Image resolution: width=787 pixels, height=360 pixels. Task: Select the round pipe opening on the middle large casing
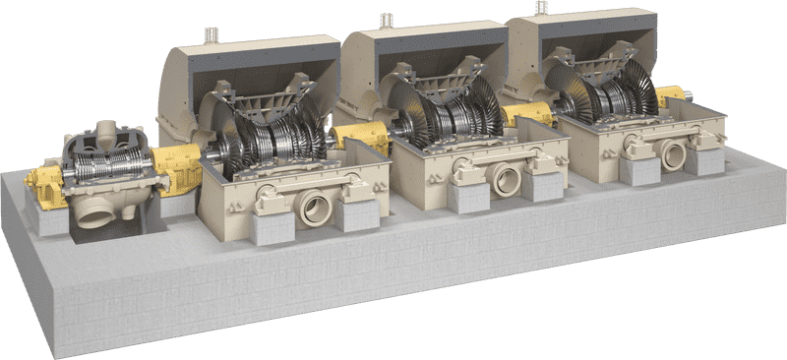click(x=508, y=180)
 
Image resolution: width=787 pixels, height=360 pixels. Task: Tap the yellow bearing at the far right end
click(x=671, y=95)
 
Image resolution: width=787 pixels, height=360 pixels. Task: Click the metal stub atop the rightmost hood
click(x=541, y=7)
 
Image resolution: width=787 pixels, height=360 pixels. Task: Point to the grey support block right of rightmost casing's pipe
click(x=704, y=157)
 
